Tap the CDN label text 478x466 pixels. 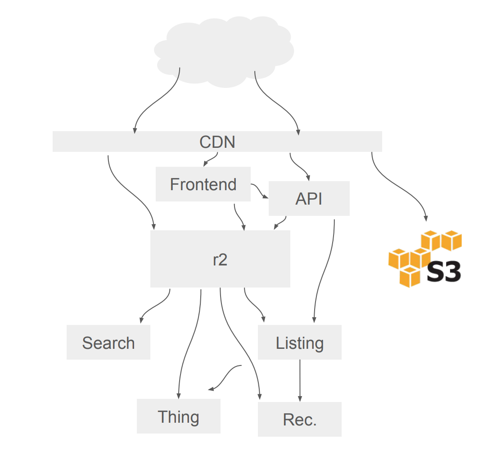217,142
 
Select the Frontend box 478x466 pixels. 203,184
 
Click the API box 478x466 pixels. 309,199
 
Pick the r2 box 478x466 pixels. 220,259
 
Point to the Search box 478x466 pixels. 108,343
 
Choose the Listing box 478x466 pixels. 299,343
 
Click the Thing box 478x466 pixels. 178,417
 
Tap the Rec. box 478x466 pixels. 299,420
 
